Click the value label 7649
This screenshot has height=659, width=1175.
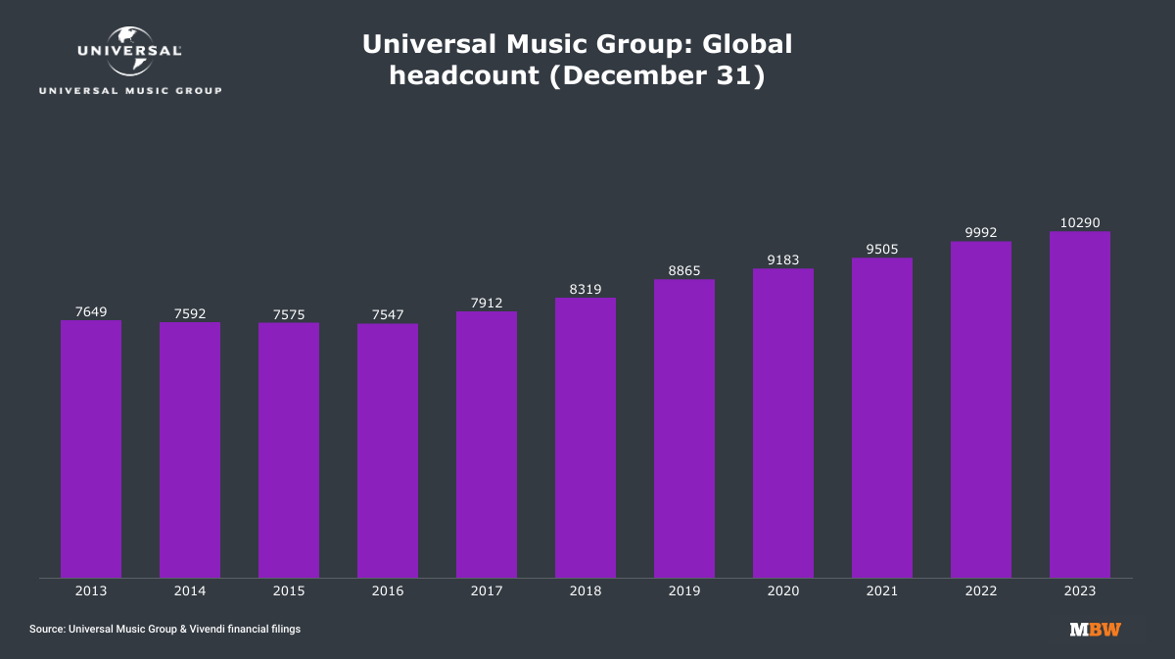click(91, 311)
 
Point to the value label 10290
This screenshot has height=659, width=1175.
click(1079, 222)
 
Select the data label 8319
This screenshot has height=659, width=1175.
click(586, 289)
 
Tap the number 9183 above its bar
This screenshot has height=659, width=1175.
click(783, 260)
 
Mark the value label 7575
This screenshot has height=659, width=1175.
click(289, 314)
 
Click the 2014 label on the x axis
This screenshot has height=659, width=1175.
click(190, 591)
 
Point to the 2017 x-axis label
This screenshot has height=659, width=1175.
click(487, 591)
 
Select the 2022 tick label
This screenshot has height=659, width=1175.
click(980, 591)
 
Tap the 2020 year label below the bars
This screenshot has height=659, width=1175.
click(783, 591)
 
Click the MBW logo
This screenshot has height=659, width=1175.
click(1095, 629)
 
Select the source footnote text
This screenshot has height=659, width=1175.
click(165, 629)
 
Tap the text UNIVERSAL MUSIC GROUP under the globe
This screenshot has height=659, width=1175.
click(129, 91)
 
